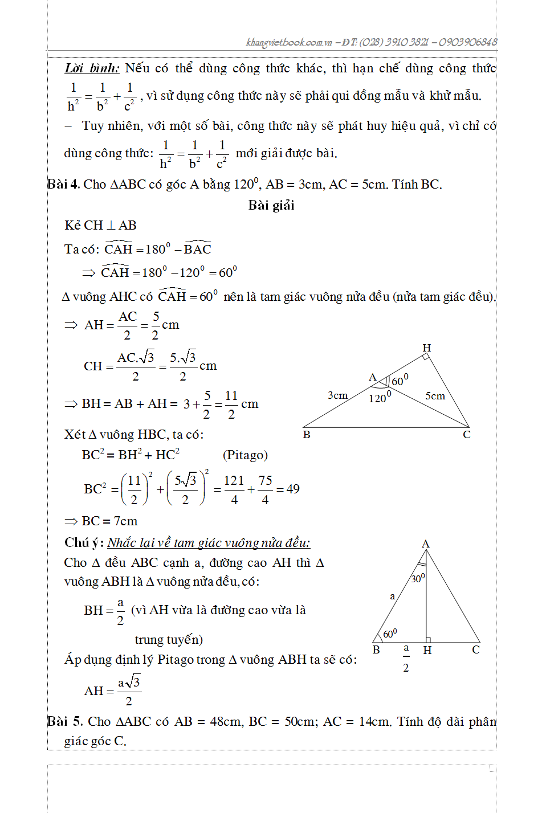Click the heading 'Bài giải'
(x=271, y=206)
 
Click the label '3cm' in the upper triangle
(x=337, y=395)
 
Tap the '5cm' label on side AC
(x=435, y=396)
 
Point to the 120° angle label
(x=380, y=397)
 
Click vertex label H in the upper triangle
(x=426, y=348)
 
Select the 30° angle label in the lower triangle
(x=418, y=578)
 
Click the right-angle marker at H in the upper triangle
(x=425, y=357)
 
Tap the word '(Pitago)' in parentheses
(x=245, y=455)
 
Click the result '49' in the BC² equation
(x=293, y=489)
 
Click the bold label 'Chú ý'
(x=84, y=542)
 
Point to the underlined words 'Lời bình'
(x=92, y=68)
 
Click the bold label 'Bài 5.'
(x=66, y=722)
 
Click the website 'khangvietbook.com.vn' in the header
(x=289, y=42)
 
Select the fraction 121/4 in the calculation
(x=234, y=489)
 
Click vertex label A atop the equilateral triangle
(x=425, y=544)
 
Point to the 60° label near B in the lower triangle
(x=390, y=634)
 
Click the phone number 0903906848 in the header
(x=468, y=42)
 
